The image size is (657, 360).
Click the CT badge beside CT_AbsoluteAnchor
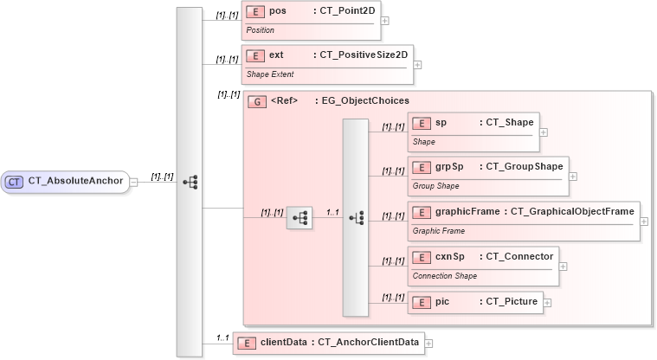coord(15,182)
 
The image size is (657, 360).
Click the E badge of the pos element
coord(255,11)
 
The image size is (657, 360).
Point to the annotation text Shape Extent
coord(270,74)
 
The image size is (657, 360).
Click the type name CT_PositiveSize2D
coord(363,55)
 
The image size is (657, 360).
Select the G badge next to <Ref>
coord(257,101)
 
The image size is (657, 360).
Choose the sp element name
coord(441,124)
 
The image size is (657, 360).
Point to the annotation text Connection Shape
coord(444,276)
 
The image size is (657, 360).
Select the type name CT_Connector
coord(516,257)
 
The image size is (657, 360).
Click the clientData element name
coord(283,343)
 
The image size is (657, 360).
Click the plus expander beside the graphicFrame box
coord(645,221)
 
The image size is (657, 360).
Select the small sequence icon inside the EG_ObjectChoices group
coord(299,218)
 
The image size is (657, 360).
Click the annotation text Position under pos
coord(261,30)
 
